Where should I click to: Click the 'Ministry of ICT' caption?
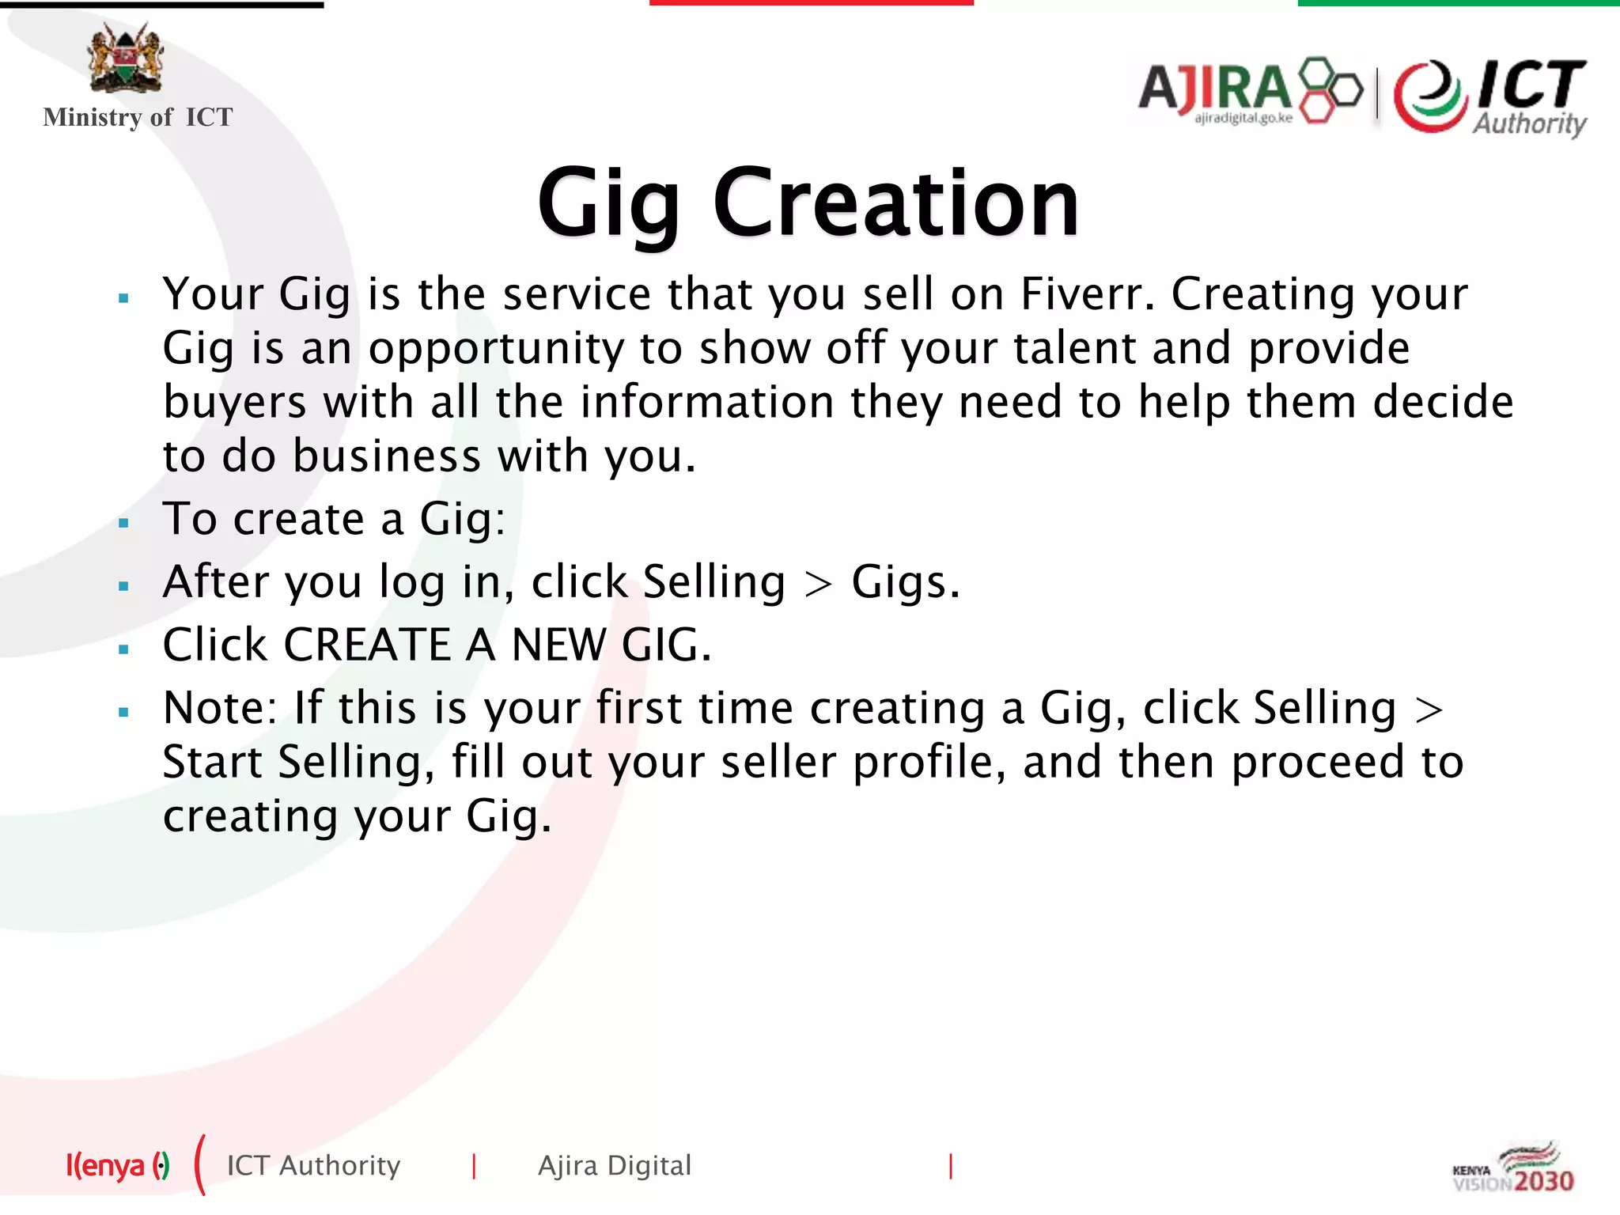(x=138, y=117)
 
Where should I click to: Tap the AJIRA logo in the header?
(x=1250, y=90)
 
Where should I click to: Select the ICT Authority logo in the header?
(x=1490, y=97)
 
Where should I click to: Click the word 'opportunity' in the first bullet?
(x=497, y=349)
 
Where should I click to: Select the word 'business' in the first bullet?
(x=387, y=456)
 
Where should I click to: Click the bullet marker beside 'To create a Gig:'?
(x=123, y=523)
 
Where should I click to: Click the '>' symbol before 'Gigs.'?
(x=818, y=585)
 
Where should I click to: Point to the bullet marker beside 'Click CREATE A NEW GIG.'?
(x=123, y=649)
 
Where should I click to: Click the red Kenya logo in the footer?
(x=117, y=1165)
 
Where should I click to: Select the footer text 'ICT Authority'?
(x=313, y=1166)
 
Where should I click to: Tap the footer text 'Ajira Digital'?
(x=615, y=1166)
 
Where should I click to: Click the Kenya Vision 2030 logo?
(x=1513, y=1168)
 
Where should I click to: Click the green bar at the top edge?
(x=1458, y=3)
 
